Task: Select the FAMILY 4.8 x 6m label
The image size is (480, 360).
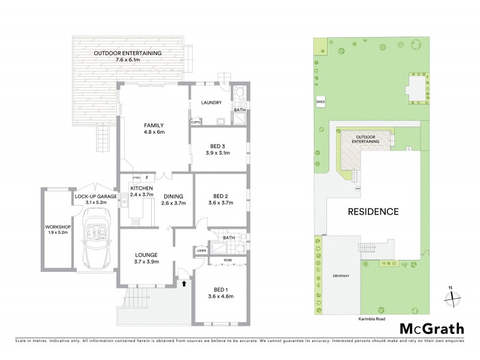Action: pyautogui.click(x=154, y=128)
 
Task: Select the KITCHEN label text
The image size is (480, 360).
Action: pyautogui.click(x=142, y=189)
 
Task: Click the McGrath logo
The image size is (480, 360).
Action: pyautogui.click(x=431, y=328)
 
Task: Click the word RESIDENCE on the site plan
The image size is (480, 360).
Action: pyautogui.click(x=371, y=211)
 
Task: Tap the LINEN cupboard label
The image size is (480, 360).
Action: pyautogui.click(x=200, y=251)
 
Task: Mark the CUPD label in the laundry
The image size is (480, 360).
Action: pyautogui.click(x=195, y=122)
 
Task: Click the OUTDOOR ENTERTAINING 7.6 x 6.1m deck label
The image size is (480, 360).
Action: pyautogui.click(x=127, y=56)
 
